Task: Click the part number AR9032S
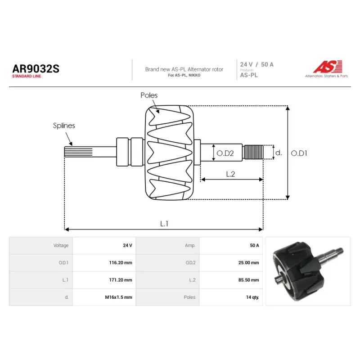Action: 36,69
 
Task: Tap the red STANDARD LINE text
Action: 27,76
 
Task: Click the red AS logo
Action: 328,67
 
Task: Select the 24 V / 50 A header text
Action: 256,64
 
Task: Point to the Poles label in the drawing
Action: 149,95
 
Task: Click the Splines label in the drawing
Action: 64,126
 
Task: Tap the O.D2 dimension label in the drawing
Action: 225,153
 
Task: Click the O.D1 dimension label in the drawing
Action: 299,153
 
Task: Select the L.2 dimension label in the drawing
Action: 230,174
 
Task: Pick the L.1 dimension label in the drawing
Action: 164,224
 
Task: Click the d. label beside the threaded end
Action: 279,153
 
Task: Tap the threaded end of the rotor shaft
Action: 253,152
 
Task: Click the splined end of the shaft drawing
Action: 78,152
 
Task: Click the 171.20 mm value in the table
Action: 121,280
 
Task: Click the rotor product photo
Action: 308,271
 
